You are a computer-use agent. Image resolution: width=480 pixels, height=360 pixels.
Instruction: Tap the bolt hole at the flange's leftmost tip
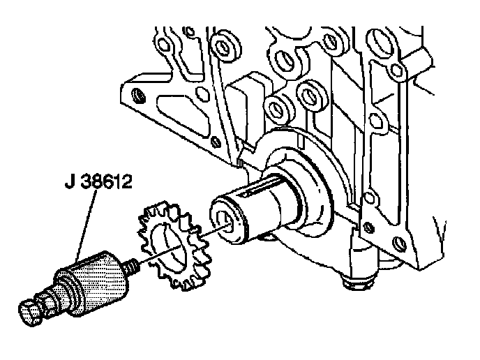click(137, 94)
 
